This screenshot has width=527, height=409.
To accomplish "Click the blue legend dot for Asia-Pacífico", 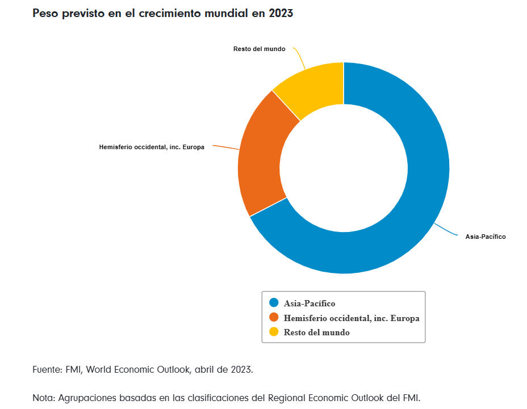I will point(274,303).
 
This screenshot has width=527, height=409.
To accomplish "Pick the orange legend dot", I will point(274,318).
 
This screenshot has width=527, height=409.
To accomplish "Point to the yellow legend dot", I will point(274,332).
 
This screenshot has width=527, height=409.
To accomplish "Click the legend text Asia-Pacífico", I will point(309,303).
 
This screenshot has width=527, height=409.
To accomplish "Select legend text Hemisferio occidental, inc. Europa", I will point(352,318).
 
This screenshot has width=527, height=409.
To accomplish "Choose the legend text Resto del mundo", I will point(317,332).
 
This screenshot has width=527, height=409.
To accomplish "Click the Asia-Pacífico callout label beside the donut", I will point(486,237).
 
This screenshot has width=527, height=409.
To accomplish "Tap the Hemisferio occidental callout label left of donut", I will point(152,147).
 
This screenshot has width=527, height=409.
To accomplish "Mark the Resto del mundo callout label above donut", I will point(259,49).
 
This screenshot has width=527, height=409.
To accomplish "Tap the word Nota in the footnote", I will point(44,397).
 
